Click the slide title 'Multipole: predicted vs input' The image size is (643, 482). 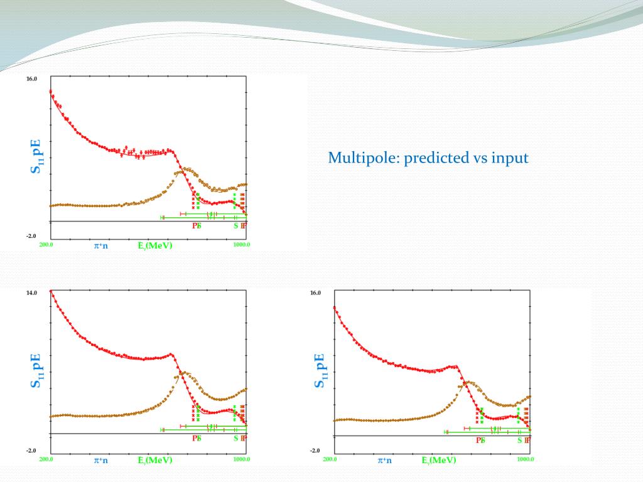(428, 158)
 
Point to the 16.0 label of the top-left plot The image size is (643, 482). (31, 79)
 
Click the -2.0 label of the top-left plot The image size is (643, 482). (31, 237)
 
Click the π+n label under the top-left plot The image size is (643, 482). (101, 245)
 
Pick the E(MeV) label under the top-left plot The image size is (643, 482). (155, 245)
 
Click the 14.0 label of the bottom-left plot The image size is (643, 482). (31, 293)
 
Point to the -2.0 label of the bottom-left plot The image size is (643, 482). (31, 451)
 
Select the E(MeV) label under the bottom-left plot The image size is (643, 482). (155, 460)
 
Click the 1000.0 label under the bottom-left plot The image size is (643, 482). (242, 459)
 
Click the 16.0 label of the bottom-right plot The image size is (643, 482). (315, 293)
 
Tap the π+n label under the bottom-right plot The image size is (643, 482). (385, 460)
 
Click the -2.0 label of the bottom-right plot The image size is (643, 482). (315, 451)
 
